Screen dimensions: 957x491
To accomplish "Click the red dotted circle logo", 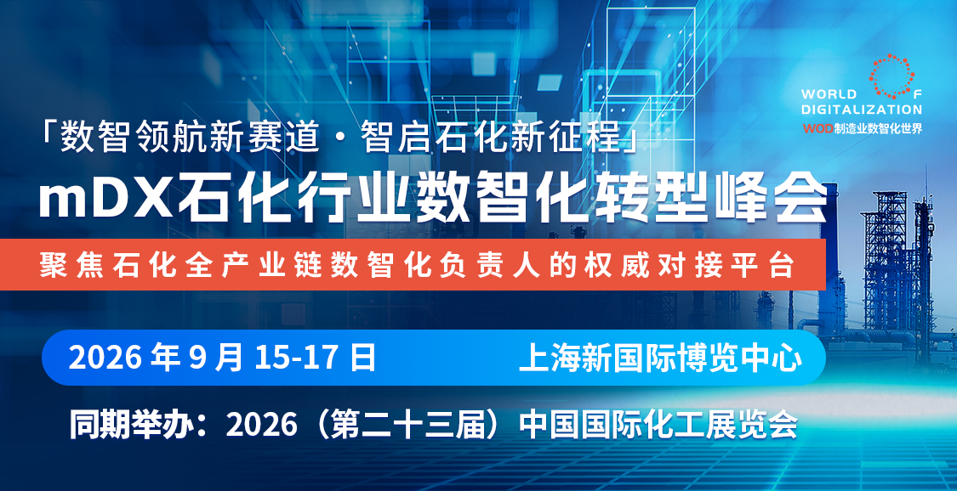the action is click(x=891, y=76).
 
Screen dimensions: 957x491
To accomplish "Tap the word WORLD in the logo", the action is click(x=829, y=94).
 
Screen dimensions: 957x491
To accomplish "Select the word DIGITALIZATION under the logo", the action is click(x=862, y=110).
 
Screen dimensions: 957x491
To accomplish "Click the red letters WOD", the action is click(x=817, y=128).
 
